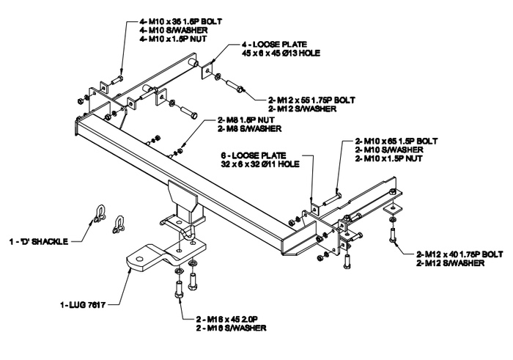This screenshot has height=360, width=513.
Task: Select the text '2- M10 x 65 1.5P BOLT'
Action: pyautogui.click(x=396, y=140)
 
